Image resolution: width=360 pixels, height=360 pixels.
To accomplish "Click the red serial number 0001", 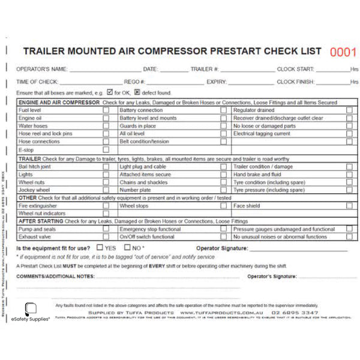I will point(343,52).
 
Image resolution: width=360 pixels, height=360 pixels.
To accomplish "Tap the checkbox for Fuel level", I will point(106,110).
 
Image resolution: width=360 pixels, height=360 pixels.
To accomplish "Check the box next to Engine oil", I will point(106,118).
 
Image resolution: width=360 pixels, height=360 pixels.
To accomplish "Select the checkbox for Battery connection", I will point(223,110).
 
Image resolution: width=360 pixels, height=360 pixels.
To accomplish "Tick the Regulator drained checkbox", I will point(349,110).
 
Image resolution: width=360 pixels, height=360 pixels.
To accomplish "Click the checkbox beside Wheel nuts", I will point(106,182).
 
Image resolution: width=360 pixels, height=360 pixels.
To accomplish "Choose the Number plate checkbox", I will point(223,190).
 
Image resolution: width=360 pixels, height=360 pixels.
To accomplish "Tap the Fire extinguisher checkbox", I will point(106,205).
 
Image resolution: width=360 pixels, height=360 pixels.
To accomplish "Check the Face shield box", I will point(349,205).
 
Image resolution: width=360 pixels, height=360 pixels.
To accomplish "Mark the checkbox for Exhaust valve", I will point(106,236).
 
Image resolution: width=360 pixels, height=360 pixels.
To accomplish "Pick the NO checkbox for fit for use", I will point(127,247).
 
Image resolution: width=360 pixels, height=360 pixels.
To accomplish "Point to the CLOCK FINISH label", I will point(296,82).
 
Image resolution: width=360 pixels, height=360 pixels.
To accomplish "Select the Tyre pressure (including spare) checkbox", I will point(349,190).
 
